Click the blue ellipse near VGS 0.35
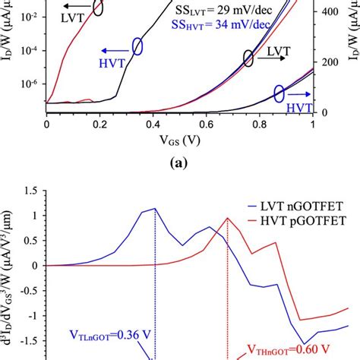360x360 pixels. tap(137, 46)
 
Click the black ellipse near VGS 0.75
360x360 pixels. tap(248, 58)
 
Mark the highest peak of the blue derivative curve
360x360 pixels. tap(155, 208)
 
